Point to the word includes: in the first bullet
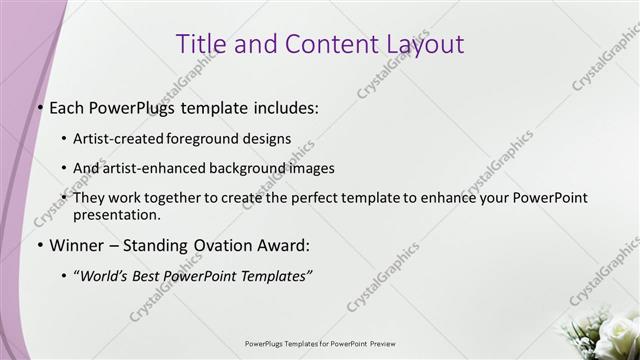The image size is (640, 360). click(283, 108)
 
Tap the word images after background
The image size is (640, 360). click(306, 168)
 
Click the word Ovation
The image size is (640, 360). click(222, 245)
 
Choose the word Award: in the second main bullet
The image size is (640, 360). click(286, 245)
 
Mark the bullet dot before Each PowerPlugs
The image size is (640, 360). click(39, 108)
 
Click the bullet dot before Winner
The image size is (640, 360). click(39, 245)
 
